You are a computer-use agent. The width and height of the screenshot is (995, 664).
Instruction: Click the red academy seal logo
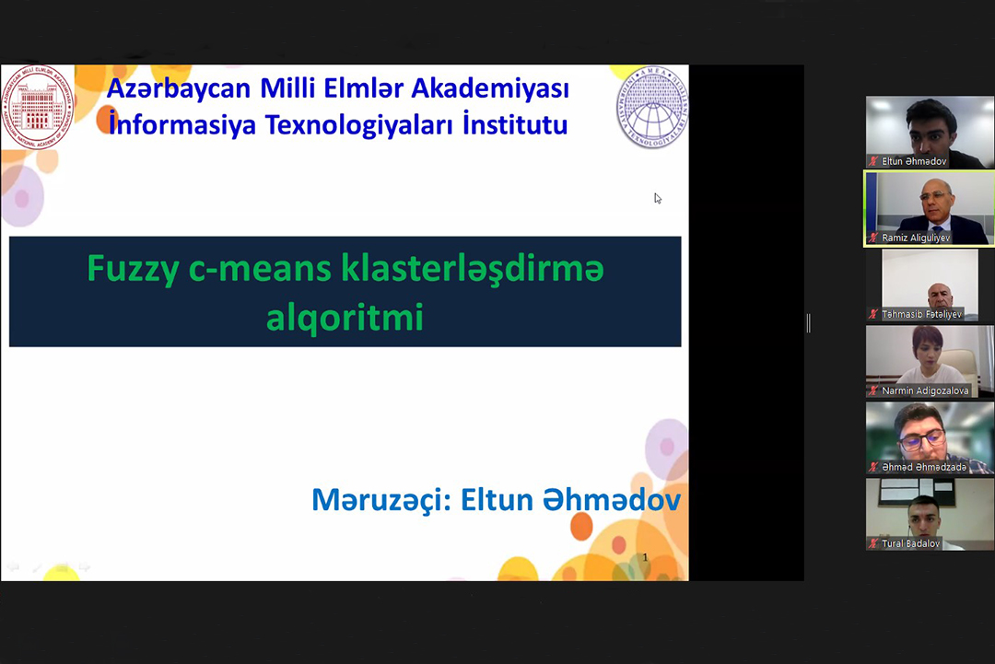[38, 107]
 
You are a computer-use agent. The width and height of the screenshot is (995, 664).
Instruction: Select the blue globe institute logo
[652, 107]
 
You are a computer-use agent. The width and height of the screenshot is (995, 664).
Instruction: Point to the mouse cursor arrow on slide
[657, 197]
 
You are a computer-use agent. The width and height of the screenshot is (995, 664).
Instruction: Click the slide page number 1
[645, 557]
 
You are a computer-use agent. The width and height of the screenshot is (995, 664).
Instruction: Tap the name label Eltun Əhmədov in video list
[913, 161]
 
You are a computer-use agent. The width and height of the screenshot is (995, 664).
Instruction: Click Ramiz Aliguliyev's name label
[915, 238]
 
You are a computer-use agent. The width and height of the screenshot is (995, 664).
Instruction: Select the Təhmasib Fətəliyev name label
[921, 314]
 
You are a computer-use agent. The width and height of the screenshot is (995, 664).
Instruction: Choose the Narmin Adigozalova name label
[924, 390]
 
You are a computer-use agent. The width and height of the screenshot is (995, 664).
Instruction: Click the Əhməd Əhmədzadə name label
[923, 467]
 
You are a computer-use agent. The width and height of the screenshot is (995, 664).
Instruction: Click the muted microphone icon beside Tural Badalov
[873, 543]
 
